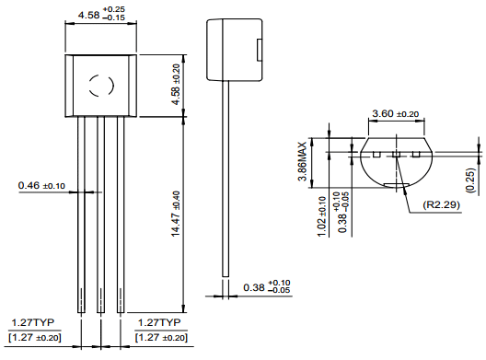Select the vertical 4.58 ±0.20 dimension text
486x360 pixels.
click(x=177, y=84)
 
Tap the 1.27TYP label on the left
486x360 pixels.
click(x=32, y=323)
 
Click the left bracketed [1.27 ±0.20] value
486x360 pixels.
click(x=36, y=337)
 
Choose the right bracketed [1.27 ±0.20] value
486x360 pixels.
click(x=161, y=337)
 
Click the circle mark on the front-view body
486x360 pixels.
click(x=100, y=87)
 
